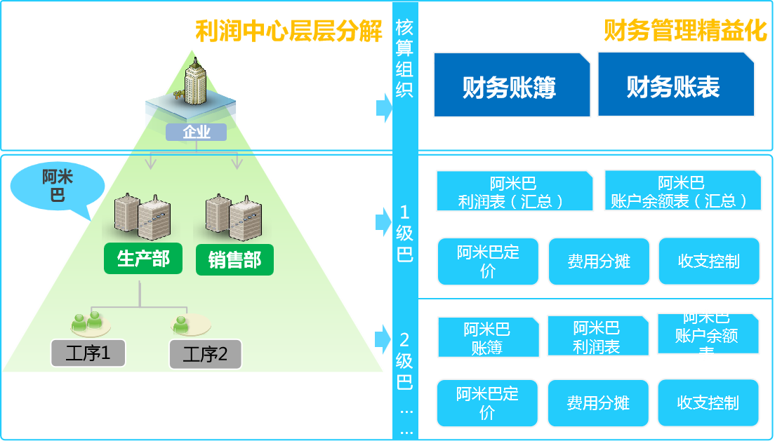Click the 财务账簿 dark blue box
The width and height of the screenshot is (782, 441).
[x=511, y=85]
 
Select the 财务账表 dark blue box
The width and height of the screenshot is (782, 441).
[x=675, y=85]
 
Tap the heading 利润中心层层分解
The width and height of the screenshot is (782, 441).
[x=289, y=32]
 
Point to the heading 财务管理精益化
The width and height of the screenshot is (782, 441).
[x=685, y=32]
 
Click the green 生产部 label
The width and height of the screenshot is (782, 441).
[x=143, y=259]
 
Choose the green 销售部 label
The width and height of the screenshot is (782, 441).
[x=234, y=260]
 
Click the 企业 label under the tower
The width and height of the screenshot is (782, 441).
[x=196, y=132]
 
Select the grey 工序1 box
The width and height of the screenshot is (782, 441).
[x=88, y=353]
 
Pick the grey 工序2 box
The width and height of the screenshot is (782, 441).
[x=205, y=354]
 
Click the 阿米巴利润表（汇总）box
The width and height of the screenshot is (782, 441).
[x=513, y=191]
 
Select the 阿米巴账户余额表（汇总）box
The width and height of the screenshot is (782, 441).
[x=681, y=191]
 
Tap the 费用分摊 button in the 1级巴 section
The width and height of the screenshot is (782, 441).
[x=599, y=262]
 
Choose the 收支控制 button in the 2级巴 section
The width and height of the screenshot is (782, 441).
[x=708, y=402]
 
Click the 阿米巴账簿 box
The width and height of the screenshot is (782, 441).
[x=488, y=337]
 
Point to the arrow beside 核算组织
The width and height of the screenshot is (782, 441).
[x=384, y=107]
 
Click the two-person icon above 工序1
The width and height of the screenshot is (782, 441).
[x=87, y=322]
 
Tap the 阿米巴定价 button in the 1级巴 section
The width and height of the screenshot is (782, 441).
[x=488, y=262]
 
